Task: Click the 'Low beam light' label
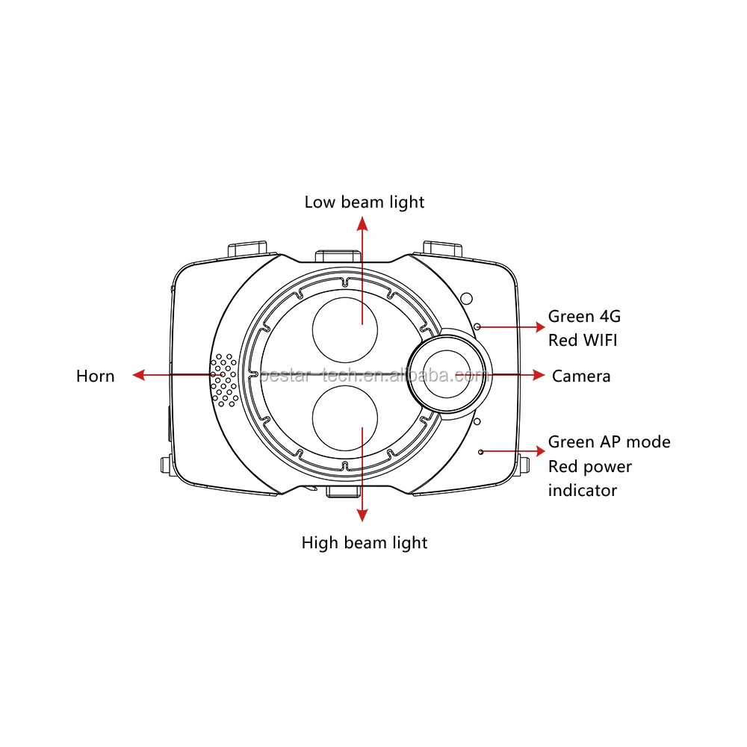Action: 365,202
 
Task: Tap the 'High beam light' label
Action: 365,543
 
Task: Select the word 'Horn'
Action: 96,376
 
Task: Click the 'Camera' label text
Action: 581,376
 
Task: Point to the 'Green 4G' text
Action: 585,316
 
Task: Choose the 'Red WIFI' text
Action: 583,341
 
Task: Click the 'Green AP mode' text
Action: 610,442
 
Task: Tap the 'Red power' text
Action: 590,467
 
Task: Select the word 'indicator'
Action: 583,491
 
